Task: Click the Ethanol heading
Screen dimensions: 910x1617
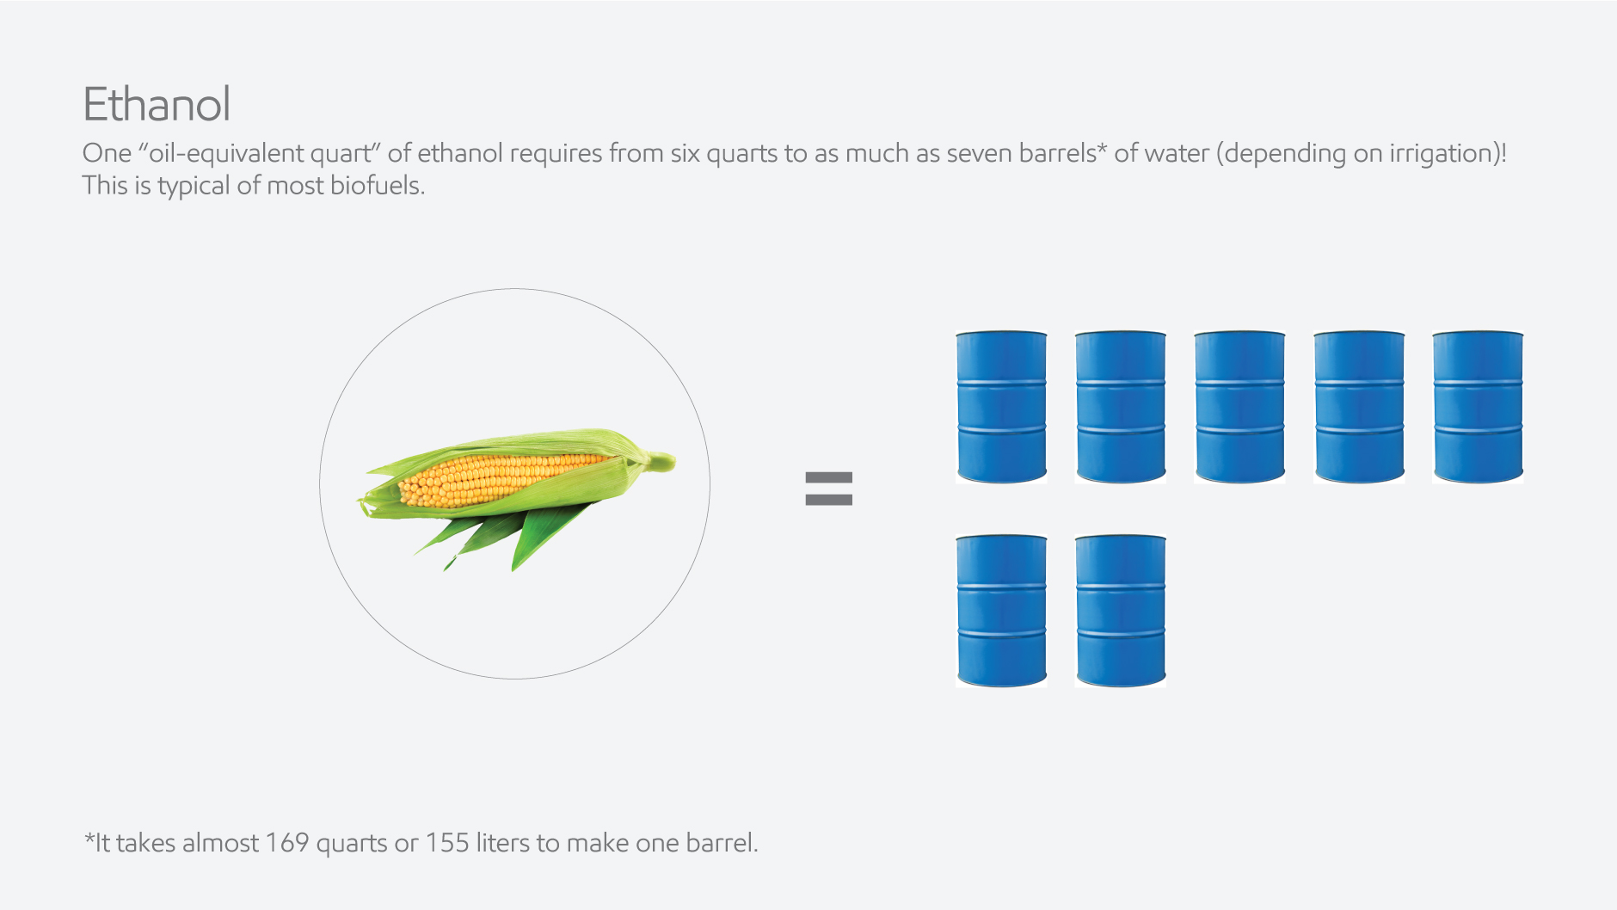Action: click(x=157, y=105)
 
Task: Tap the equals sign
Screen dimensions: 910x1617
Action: click(x=828, y=489)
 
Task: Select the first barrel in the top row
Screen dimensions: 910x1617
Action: click(x=1001, y=407)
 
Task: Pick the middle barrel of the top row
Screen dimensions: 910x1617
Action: click(x=1239, y=407)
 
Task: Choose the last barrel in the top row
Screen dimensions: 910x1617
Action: click(x=1478, y=407)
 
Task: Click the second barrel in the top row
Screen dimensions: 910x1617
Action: click(x=1120, y=407)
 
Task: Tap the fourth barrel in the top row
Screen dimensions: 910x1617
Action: click(x=1359, y=407)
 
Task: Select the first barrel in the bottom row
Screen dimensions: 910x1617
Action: click(x=1001, y=611)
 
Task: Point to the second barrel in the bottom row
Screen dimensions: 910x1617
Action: click(x=1120, y=611)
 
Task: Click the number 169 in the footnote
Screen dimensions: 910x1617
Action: click(x=286, y=843)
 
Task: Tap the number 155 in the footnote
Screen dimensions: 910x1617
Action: click(x=446, y=843)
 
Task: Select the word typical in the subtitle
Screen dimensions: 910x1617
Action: click(x=194, y=187)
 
